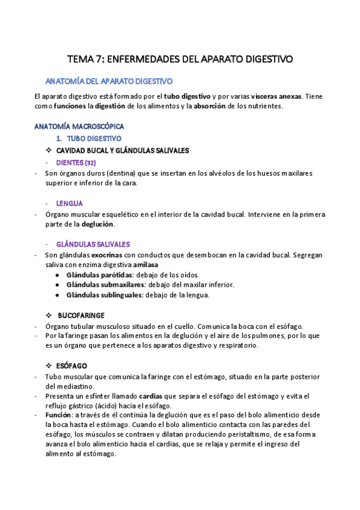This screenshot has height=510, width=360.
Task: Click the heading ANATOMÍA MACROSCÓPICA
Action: point(79,127)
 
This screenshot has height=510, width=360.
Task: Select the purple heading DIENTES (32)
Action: point(76,162)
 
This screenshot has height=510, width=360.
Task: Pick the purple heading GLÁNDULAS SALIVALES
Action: point(93,244)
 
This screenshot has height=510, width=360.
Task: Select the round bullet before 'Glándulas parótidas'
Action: point(57,275)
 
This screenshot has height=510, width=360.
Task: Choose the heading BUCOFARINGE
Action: point(81,315)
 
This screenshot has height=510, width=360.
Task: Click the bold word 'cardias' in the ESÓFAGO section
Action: point(150,397)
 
